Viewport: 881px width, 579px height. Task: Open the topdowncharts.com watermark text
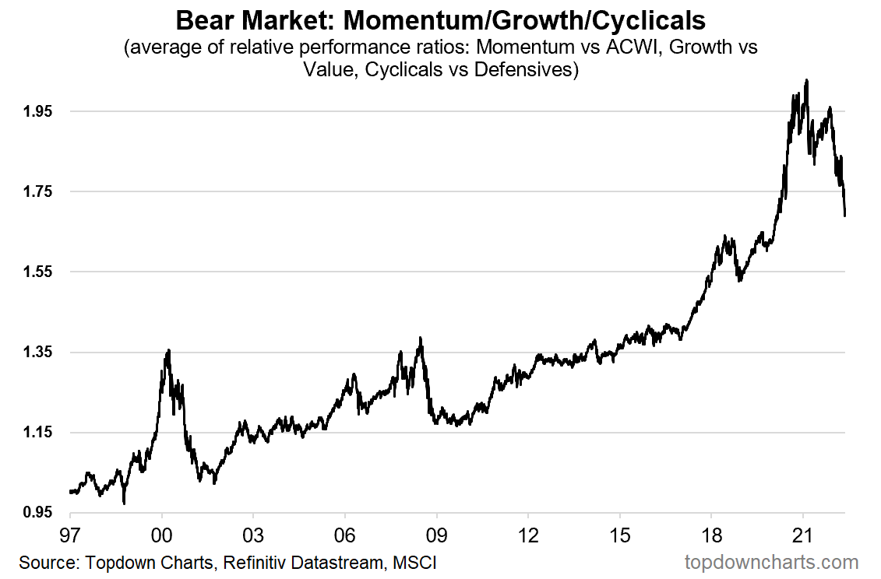coord(771,562)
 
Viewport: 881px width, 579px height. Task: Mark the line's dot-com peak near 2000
coord(167,350)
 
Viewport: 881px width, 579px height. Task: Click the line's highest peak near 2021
coord(806,79)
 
